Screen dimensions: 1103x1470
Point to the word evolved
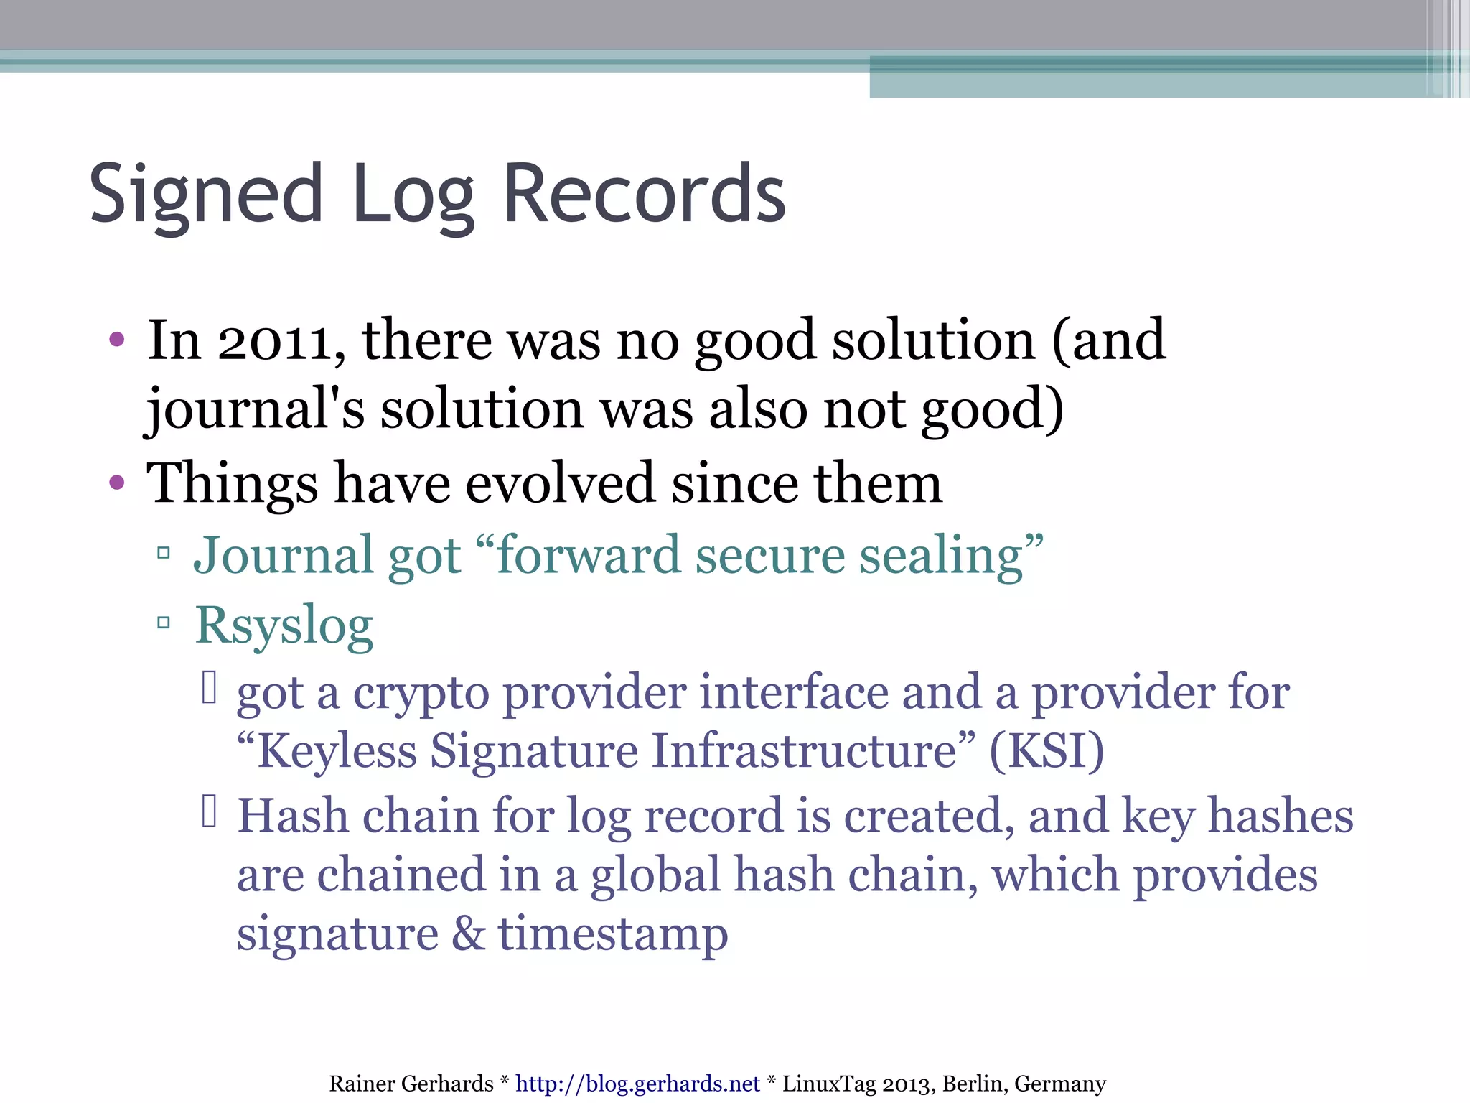560,483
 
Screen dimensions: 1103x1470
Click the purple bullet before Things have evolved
117,483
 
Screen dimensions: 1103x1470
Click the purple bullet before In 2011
117,339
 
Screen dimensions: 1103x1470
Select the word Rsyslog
284,625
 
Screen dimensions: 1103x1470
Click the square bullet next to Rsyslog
164,622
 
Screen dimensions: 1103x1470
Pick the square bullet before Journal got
164,553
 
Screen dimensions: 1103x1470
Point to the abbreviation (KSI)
1047,751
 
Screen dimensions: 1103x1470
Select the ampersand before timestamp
468,934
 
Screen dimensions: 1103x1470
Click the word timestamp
613,934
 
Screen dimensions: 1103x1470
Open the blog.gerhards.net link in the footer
637,1084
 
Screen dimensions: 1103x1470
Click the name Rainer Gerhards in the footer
411,1084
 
